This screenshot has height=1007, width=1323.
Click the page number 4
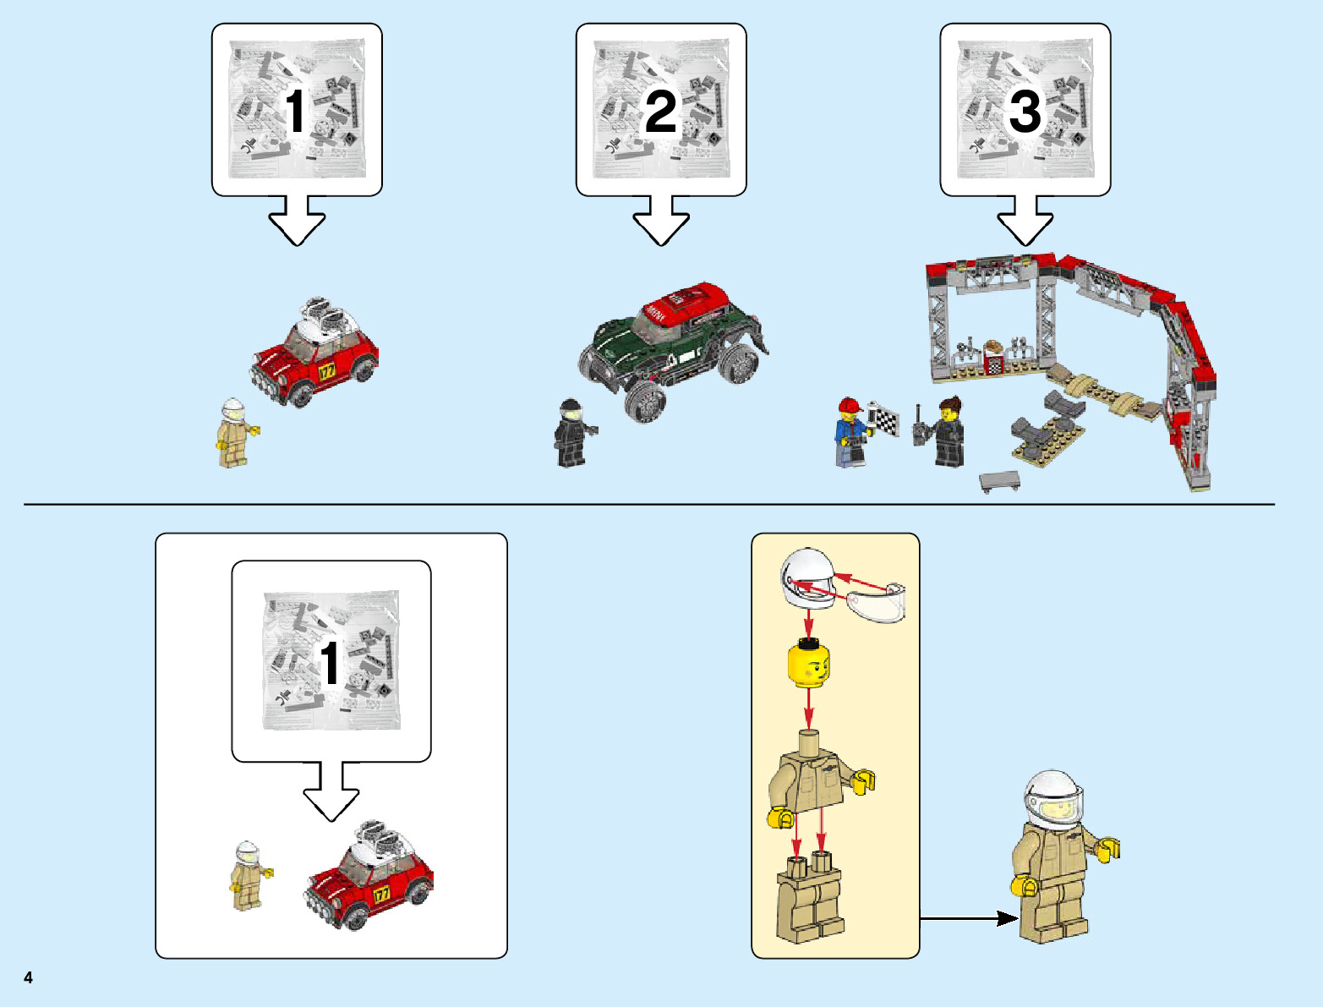tap(29, 977)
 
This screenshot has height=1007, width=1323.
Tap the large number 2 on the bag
tap(660, 112)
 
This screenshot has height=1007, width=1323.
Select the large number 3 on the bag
tap(1025, 112)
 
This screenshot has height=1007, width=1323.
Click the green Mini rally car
tap(672, 347)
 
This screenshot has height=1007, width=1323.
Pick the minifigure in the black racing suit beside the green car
tap(572, 433)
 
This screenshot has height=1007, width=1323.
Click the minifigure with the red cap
tap(852, 432)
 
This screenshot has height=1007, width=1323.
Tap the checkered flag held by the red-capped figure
tap(886, 419)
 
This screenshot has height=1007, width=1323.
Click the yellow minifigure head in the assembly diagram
tap(809, 664)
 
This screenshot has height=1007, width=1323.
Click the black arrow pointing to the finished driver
tap(969, 918)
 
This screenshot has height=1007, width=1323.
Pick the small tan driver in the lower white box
tap(248, 876)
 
